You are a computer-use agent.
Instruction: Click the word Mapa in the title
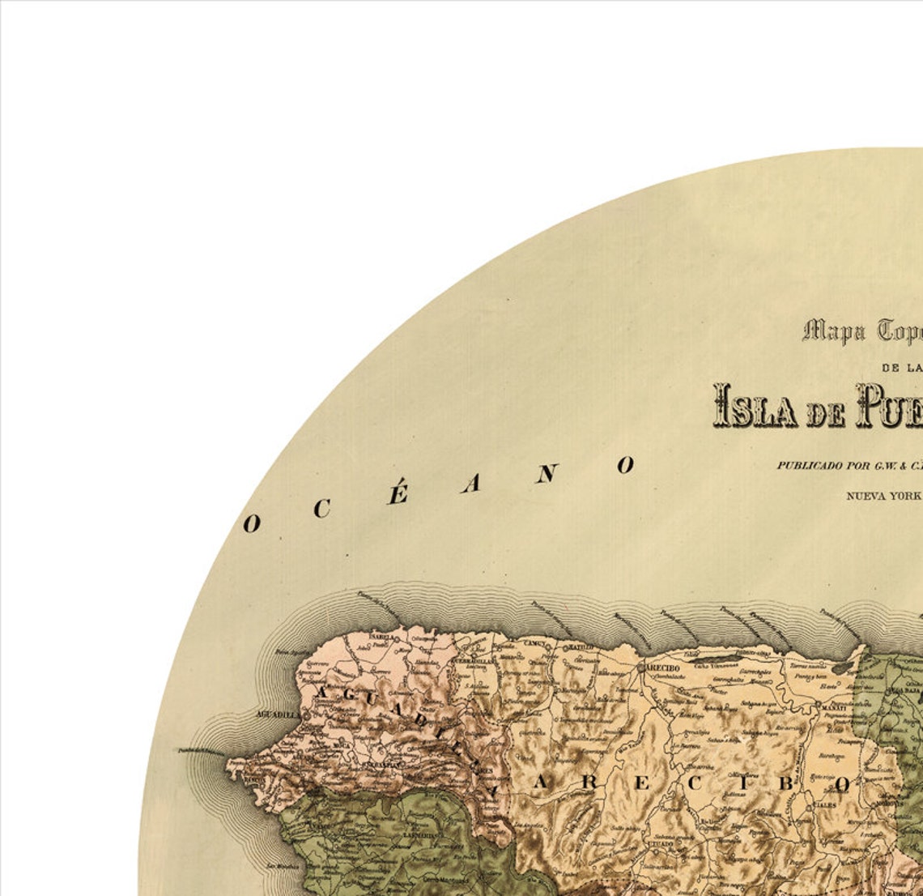(835, 331)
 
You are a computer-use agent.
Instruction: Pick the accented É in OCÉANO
(397, 494)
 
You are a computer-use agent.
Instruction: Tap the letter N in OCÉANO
(546, 474)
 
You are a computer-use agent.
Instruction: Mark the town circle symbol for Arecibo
(641, 668)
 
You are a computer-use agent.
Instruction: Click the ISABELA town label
(381, 637)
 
